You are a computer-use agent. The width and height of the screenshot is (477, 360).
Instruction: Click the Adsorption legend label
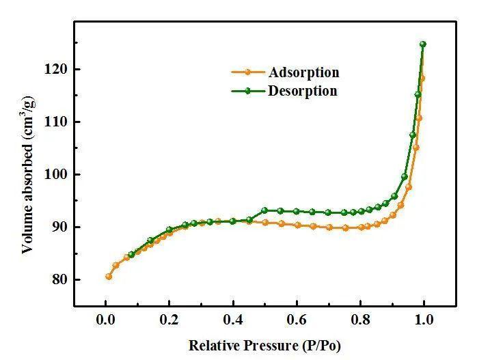point(304,72)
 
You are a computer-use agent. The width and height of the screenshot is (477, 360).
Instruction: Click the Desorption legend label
point(303,90)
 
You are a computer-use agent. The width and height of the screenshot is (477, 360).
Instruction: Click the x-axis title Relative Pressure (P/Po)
point(264,345)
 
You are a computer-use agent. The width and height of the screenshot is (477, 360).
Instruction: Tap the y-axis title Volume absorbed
point(28,174)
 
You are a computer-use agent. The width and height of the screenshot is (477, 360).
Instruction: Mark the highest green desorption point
point(422,44)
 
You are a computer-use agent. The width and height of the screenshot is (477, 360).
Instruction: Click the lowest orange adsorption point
point(109,276)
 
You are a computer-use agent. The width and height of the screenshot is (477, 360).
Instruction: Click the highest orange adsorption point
point(422,78)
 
